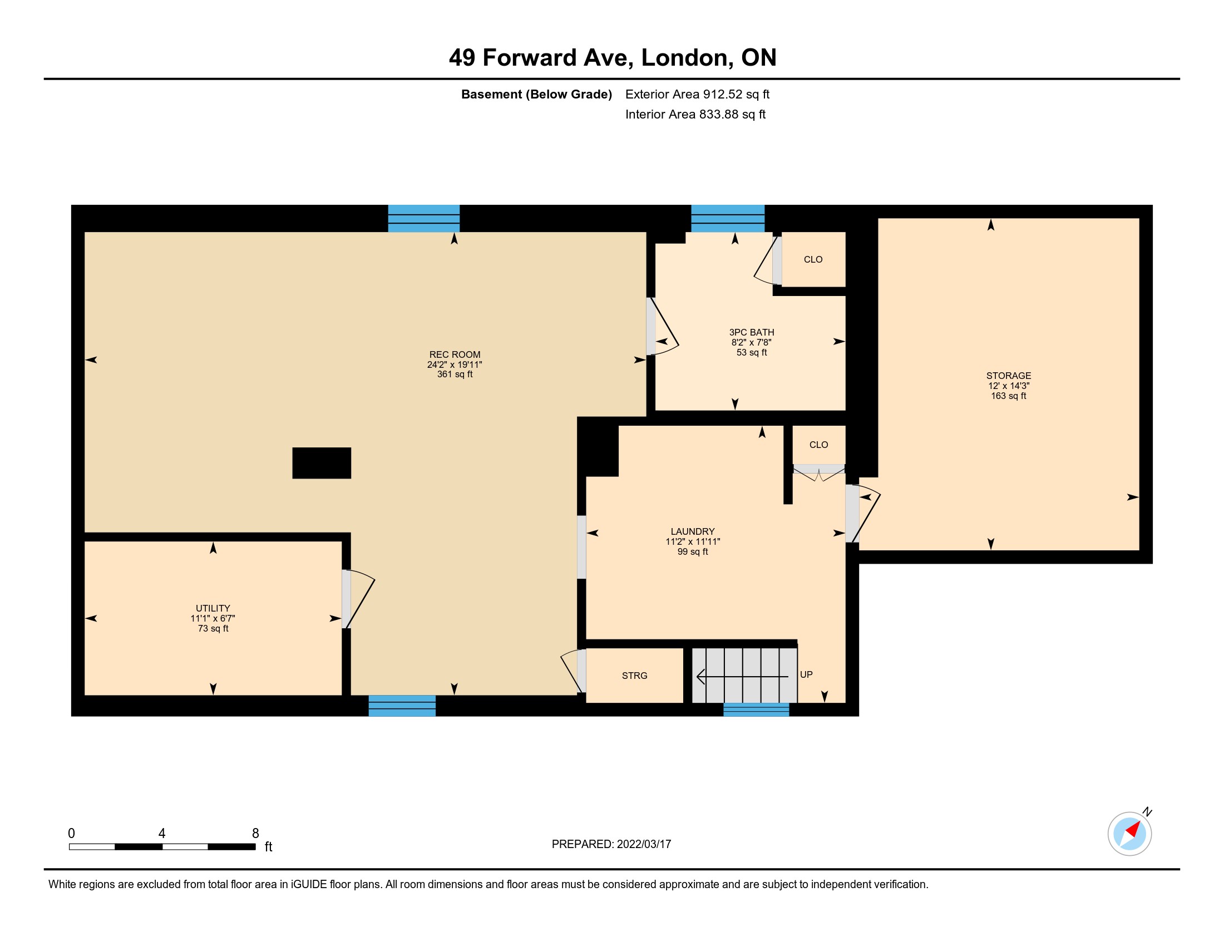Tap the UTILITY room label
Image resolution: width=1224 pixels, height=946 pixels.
tap(213, 608)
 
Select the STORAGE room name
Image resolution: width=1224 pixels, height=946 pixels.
tap(1008, 376)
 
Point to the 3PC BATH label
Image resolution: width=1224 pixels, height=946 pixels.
tap(752, 332)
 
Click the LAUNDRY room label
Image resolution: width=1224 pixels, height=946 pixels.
tap(693, 531)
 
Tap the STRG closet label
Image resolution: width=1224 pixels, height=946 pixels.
tap(634, 676)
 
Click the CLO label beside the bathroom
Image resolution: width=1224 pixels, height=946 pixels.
tap(813, 259)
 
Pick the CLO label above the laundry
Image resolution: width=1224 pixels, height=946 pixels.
tap(818, 445)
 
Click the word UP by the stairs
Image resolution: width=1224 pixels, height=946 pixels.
tap(806, 675)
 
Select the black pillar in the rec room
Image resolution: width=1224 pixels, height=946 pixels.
tap(322, 463)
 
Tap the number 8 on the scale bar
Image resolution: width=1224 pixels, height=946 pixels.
tap(255, 834)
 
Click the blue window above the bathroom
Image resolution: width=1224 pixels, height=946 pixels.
tap(728, 219)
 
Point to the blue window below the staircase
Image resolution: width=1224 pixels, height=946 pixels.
tap(756, 709)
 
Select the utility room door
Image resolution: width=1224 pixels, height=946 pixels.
tap(358, 599)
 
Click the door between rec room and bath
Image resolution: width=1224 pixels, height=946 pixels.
tap(662, 327)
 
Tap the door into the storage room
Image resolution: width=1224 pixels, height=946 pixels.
tap(862, 514)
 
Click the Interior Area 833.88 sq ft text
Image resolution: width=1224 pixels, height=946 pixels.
tap(695, 114)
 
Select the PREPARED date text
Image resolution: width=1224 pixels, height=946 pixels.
tap(611, 844)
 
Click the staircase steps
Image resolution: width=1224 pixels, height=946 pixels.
tap(744, 676)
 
